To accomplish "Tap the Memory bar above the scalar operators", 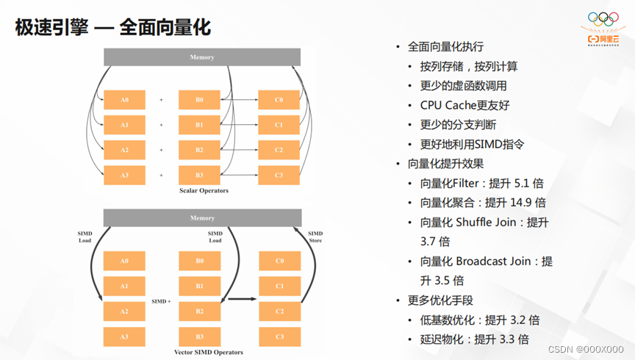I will coord(202,57).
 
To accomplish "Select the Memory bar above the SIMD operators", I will coord(202,218).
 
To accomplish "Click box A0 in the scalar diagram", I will coord(124,100).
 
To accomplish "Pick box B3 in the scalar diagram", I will coord(199,176).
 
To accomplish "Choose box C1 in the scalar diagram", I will coord(279,125).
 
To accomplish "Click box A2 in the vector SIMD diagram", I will coord(124,312).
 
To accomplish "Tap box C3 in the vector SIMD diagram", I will coord(279,336).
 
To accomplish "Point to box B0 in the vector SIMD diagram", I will coord(199,261).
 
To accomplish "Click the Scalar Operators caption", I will coord(204,191).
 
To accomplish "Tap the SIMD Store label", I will coord(315,237).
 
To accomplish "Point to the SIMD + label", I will coord(161,301).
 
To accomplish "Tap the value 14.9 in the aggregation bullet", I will coord(522,202).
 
